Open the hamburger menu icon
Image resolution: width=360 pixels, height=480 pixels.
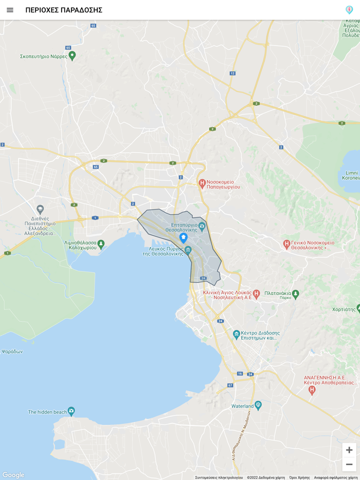[10, 10]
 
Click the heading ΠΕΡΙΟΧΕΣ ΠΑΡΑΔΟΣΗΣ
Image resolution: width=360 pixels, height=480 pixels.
[64, 10]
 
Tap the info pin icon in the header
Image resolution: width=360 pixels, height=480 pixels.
[349, 10]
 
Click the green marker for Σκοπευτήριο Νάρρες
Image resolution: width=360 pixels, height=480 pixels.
[72, 55]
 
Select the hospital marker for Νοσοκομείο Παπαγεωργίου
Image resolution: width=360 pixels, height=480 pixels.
[202, 183]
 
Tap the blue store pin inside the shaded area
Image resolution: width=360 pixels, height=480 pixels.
[183, 238]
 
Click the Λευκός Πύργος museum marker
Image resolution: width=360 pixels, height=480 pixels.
[188, 250]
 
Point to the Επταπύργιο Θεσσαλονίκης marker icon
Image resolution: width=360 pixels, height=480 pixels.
[202, 226]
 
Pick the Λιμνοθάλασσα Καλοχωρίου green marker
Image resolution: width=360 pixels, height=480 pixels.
[101, 244]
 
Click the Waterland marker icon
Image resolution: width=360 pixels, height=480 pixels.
[258, 405]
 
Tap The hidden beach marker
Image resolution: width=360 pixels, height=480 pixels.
[71, 411]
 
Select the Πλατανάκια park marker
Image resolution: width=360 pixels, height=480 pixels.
[295, 294]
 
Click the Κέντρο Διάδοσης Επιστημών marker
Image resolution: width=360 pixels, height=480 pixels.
[236, 334]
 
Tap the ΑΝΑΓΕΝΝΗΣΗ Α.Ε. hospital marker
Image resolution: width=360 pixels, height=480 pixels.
[312, 390]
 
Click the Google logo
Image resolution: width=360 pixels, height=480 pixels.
[13, 475]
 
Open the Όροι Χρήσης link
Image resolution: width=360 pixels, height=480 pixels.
[299, 477]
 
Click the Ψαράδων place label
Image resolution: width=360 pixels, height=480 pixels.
[12, 352]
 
